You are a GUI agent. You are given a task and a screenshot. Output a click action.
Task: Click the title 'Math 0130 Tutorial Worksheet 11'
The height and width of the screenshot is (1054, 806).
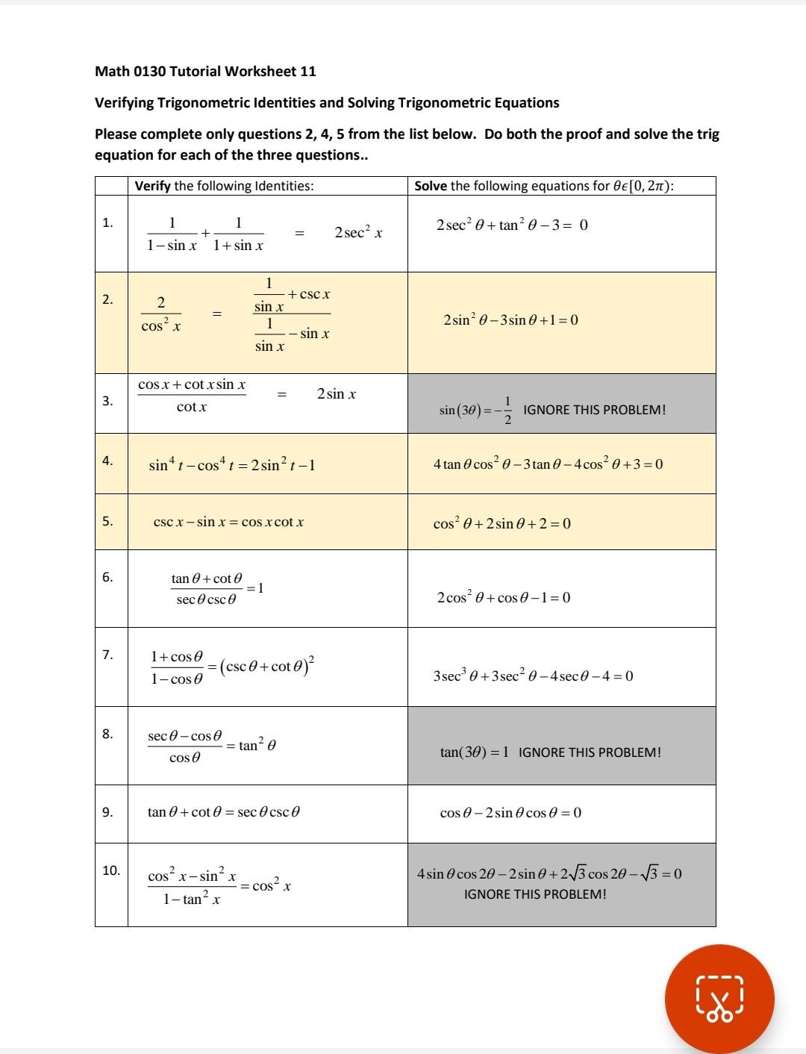point(205,72)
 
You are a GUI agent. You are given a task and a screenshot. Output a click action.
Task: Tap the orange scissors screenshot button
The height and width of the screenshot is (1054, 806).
point(719,999)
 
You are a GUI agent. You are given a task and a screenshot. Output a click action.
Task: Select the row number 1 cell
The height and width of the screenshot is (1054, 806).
point(109,222)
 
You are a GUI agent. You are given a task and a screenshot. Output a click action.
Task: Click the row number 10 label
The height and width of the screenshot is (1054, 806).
point(111,870)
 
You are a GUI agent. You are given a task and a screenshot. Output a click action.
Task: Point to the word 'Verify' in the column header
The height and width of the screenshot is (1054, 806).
point(153,186)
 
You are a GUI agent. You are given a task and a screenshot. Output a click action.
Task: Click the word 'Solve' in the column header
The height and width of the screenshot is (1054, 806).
point(431,186)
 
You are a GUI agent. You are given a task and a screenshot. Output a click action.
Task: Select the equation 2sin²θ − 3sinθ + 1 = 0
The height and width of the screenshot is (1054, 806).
point(510,320)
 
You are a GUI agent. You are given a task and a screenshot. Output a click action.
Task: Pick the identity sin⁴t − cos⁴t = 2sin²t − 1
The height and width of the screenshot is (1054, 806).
point(232,465)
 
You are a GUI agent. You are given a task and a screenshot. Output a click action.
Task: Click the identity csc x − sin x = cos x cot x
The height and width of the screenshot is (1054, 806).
point(228,522)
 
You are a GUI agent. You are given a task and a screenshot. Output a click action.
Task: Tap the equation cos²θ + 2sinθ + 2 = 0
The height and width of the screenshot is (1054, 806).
point(502,523)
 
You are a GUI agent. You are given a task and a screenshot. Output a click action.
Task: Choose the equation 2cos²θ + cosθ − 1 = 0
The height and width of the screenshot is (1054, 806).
point(504,597)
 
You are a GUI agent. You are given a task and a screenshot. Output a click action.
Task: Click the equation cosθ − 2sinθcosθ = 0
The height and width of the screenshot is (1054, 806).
point(510,812)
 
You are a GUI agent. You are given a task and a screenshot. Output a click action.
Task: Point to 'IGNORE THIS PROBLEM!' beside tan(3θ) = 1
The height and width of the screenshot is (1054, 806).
point(590,752)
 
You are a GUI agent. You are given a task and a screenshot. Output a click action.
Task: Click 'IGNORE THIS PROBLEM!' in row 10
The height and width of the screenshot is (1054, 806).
point(535,894)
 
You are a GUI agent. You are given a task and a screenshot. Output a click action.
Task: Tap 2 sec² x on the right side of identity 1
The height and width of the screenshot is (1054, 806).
point(359,233)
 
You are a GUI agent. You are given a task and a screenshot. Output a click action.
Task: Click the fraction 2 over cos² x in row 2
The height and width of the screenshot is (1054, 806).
point(161,314)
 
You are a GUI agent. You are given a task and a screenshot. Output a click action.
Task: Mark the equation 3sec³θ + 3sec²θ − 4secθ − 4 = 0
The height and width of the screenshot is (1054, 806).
point(533,676)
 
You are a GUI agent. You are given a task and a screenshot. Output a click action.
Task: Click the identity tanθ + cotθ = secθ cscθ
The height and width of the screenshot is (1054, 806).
point(224,812)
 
